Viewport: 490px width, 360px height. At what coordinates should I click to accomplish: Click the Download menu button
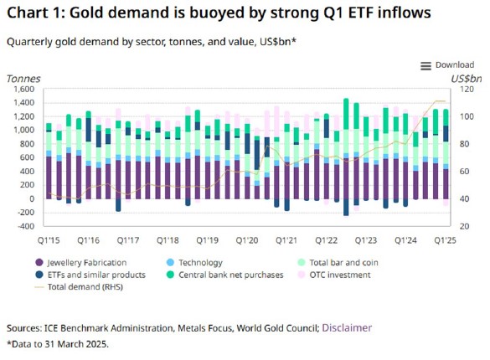[447, 65]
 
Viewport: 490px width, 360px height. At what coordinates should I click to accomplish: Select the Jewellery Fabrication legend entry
[81, 263]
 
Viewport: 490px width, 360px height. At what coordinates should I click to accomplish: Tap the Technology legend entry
[194, 263]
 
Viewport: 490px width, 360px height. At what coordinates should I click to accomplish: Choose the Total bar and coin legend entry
[338, 263]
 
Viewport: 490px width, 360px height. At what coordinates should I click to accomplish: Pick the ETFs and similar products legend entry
[90, 275]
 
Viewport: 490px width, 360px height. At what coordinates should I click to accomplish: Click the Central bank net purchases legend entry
[225, 275]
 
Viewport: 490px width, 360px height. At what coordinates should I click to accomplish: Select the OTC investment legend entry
[334, 275]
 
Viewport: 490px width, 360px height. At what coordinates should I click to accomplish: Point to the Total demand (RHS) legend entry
[79, 287]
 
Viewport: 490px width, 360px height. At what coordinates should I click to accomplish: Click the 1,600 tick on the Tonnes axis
[23, 90]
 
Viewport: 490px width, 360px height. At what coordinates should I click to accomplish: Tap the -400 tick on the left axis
[26, 226]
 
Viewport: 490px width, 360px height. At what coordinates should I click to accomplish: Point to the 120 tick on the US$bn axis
[467, 90]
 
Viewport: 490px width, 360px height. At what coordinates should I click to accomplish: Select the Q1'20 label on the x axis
[247, 240]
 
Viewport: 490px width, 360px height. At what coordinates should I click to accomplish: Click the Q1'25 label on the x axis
[445, 240]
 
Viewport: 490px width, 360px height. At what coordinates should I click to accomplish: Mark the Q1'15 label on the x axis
[49, 240]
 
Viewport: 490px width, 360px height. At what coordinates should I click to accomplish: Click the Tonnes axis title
[23, 79]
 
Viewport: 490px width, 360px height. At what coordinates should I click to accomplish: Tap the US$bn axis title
[467, 79]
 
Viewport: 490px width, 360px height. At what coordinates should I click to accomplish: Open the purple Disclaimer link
[347, 328]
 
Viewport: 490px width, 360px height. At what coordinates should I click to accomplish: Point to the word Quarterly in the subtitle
[29, 42]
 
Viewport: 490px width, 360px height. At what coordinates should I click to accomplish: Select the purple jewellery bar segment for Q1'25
[446, 184]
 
